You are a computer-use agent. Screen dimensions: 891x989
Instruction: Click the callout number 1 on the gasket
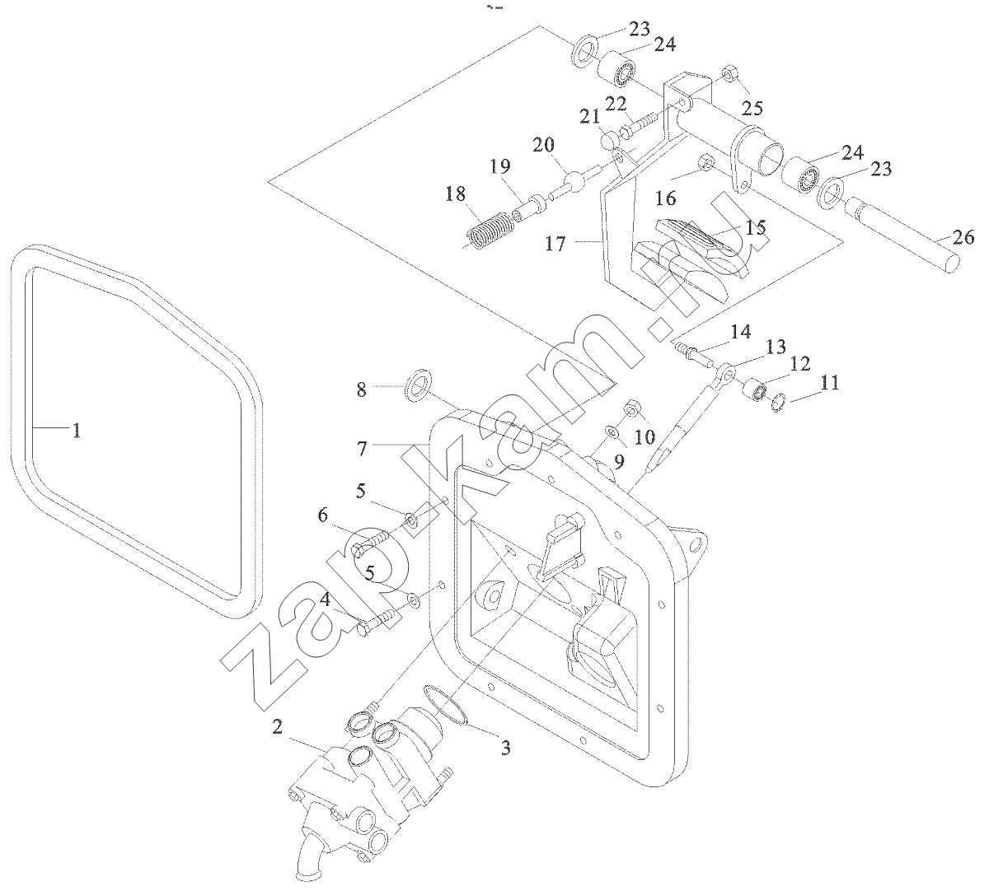[76, 430]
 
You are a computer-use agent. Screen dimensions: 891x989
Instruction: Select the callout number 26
[963, 239]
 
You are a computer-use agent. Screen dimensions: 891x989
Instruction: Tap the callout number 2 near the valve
[278, 726]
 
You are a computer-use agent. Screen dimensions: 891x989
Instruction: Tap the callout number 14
[740, 332]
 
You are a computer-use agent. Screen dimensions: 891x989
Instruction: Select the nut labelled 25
[729, 76]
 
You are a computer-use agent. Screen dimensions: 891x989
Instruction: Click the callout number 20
[543, 145]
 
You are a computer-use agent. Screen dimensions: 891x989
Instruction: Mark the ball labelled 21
[611, 139]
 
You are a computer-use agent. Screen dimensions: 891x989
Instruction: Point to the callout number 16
[666, 198]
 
